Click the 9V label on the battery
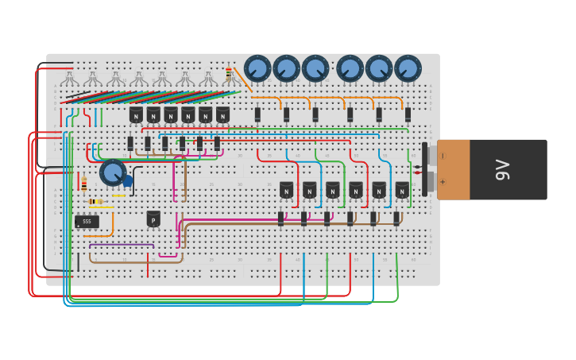(502, 169)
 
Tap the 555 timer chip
(87, 222)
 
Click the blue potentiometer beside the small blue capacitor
(113, 172)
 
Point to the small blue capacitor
(128, 181)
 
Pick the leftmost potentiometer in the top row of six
(257, 68)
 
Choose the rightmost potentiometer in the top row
(408, 68)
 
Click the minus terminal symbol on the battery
(443, 156)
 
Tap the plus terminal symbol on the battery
(443, 181)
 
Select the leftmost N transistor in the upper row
(136, 115)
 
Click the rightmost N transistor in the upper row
(222, 115)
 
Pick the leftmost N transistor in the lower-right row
(286, 190)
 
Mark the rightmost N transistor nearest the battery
(402, 190)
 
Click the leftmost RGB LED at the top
(70, 79)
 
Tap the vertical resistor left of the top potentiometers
(229, 73)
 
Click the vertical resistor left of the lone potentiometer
(84, 184)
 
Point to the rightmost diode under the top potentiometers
(408, 114)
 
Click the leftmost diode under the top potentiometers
(257, 114)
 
